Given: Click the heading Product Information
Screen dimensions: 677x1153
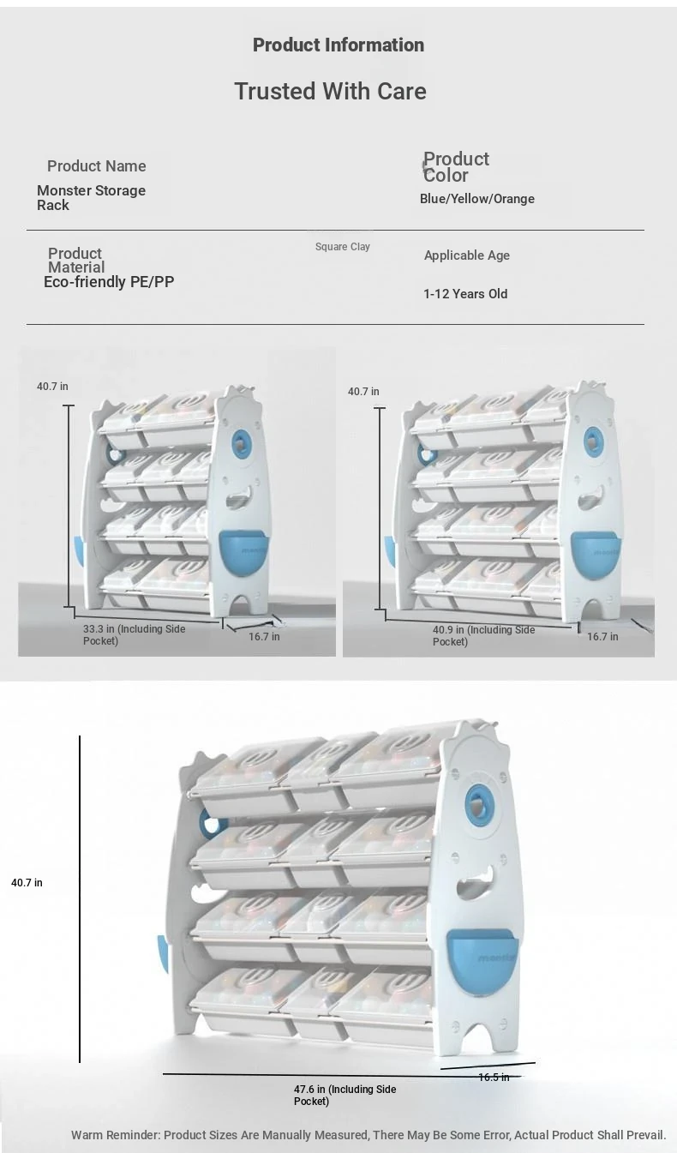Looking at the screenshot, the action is [x=338, y=45].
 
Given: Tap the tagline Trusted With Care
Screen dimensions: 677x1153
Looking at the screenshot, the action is [x=330, y=91].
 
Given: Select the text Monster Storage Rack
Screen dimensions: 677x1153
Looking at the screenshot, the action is [x=91, y=198].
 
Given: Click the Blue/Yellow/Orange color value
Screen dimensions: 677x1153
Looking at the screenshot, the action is [x=476, y=199].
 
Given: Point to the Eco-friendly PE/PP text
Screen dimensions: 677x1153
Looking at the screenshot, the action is [x=109, y=281].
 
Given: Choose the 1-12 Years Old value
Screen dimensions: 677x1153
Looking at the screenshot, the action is [x=465, y=294].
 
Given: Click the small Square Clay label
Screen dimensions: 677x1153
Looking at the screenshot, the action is [x=343, y=247].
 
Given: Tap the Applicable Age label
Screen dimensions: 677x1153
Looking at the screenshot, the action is [x=466, y=255].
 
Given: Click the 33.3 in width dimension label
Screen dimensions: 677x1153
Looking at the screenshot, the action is [x=135, y=634].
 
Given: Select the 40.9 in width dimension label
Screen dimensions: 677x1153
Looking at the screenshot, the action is [x=483, y=636].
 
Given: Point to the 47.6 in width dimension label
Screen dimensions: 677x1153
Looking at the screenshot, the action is [x=344, y=1096].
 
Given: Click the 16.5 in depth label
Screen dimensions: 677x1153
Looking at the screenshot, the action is [x=494, y=1078].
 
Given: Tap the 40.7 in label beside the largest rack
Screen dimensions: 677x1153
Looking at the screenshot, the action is [x=27, y=883].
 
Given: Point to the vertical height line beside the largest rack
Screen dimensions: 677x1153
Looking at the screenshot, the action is [x=80, y=898].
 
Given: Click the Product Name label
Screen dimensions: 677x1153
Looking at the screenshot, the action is [x=96, y=166].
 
